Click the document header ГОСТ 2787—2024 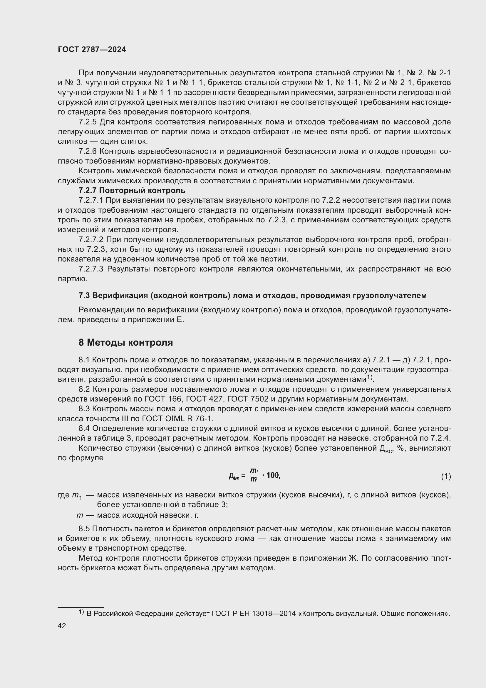[x=92, y=50]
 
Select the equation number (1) [x=446, y=476]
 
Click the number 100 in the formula [x=273, y=475]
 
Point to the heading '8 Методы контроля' [x=126, y=342]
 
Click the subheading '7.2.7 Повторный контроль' [x=132, y=191]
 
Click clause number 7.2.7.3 [x=91, y=269]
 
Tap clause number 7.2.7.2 [x=91, y=240]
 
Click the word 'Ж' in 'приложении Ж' [x=352, y=558]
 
